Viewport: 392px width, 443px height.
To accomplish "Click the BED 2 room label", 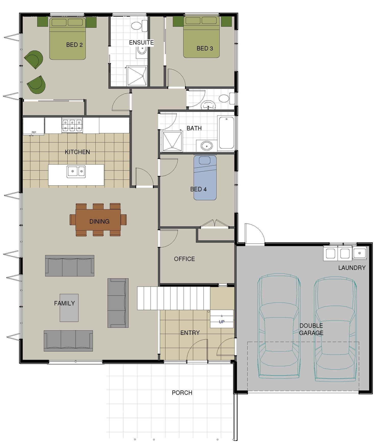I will [x=74, y=45].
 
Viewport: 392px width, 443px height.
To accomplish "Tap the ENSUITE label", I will [x=141, y=43].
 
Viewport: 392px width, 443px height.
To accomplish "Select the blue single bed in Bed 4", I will [x=205, y=178].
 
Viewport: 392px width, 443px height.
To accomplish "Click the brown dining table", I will [x=98, y=220].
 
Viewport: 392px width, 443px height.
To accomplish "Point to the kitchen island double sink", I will [x=76, y=171].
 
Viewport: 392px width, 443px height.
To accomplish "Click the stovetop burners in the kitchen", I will [x=72, y=125].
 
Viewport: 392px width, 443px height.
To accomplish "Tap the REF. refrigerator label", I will [x=34, y=132].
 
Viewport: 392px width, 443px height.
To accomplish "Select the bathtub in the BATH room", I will [x=226, y=132].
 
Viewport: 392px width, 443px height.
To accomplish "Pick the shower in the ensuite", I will [x=137, y=76].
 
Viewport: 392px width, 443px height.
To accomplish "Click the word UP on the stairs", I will [x=222, y=322].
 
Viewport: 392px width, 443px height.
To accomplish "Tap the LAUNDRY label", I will [x=352, y=268].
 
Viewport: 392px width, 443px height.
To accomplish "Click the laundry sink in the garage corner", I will [x=359, y=253].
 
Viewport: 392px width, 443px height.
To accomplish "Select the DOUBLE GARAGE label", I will [x=311, y=329].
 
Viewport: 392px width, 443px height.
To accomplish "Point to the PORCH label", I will [x=182, y=393].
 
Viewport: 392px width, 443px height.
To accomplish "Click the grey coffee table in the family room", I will [x=69, y=308].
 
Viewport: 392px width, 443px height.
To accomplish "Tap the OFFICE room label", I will [x=184, y=259].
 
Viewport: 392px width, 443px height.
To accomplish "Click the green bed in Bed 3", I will [x=201, y=37].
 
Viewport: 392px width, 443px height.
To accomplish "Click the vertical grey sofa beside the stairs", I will [x=118, y=303].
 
